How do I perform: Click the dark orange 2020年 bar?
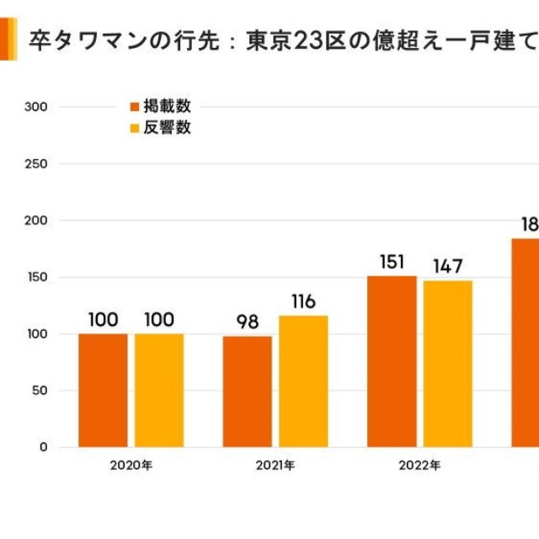click(x=103, y=390)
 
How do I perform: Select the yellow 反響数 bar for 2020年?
click(x=159, y=390)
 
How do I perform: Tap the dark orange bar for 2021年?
click(x=247, y=392)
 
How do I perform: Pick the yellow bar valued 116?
click(x=303, y=381)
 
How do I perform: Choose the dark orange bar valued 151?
click(x=392, y=361)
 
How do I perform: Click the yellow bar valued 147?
click(x=447, y=363)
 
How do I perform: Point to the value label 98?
click(x=247, y=322)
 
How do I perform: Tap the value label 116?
click(x=303, y=302)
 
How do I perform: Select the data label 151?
click(x=392, y=261)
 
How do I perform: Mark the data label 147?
click(x=447, y=266)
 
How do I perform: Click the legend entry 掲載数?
click(x=161, y=106)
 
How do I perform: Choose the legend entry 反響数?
click(x=161, y=128)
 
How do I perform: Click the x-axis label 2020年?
click(x=131, y=465)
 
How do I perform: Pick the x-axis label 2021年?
click(x=275, y=465)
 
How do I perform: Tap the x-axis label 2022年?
click(x=419, y=465)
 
